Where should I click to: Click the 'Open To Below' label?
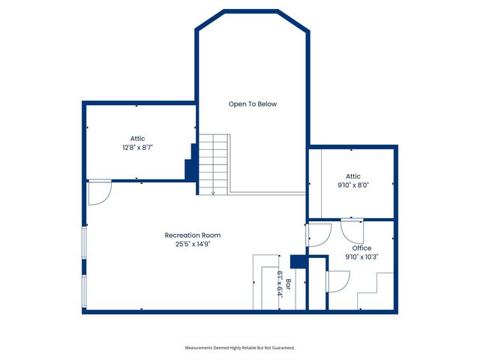(x=253, y=104)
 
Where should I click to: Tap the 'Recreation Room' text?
(x=193, y=235)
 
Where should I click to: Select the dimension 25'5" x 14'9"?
(x=193, y=244)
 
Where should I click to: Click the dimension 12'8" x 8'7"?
(x=137, y=147)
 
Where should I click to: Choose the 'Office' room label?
(x=361, y=247)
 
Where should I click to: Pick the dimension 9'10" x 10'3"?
(x=361, y=256)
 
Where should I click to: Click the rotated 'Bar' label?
(x=287, y=286)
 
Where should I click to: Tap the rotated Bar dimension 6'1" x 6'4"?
(x=279, y=284)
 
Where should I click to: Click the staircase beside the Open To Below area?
(x=214, y=163)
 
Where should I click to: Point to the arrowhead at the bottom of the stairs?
(x=214, y=193)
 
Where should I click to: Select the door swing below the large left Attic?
(x=98, y=192)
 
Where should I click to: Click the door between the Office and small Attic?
(x=352, y=228)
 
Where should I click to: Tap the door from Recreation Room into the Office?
(x=318, y=235)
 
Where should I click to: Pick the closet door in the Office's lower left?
(x=337, y=281)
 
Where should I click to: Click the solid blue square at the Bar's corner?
(x=297, y=261)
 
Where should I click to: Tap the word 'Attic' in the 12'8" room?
(x=137, y=138)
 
